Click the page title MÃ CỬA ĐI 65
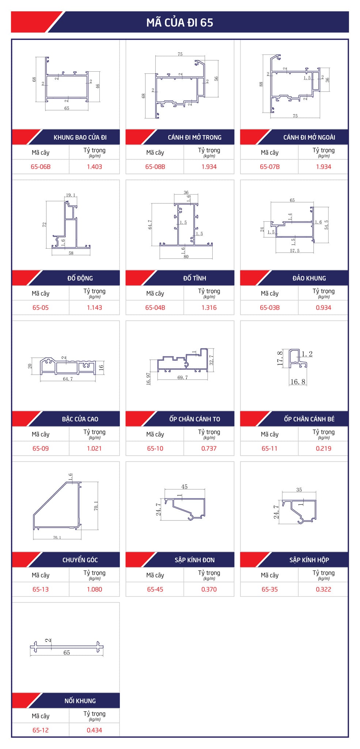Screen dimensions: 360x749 pyautogui.click(x=180, y=22)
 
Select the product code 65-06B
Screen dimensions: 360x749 pyautogui.click(x=41, y=167)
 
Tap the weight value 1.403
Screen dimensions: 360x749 pyautogui.click(x=94, y=167)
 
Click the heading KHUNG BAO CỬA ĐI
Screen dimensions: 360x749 pyautogui.click(x=80, y=138)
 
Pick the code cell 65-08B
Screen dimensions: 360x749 pyautogui.click(x=155, y=167)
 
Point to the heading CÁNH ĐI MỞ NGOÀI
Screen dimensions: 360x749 pyautogui.click(x=309, y=138)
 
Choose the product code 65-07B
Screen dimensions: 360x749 pyautogui.click(x=270, y=167)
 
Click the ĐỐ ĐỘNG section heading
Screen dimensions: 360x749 pyautogui.click(x=80, y=278)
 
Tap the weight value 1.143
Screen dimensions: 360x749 pyautogui.click(x=94, y=308)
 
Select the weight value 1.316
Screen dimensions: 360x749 pyautogui.click(x=209, y=308)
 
